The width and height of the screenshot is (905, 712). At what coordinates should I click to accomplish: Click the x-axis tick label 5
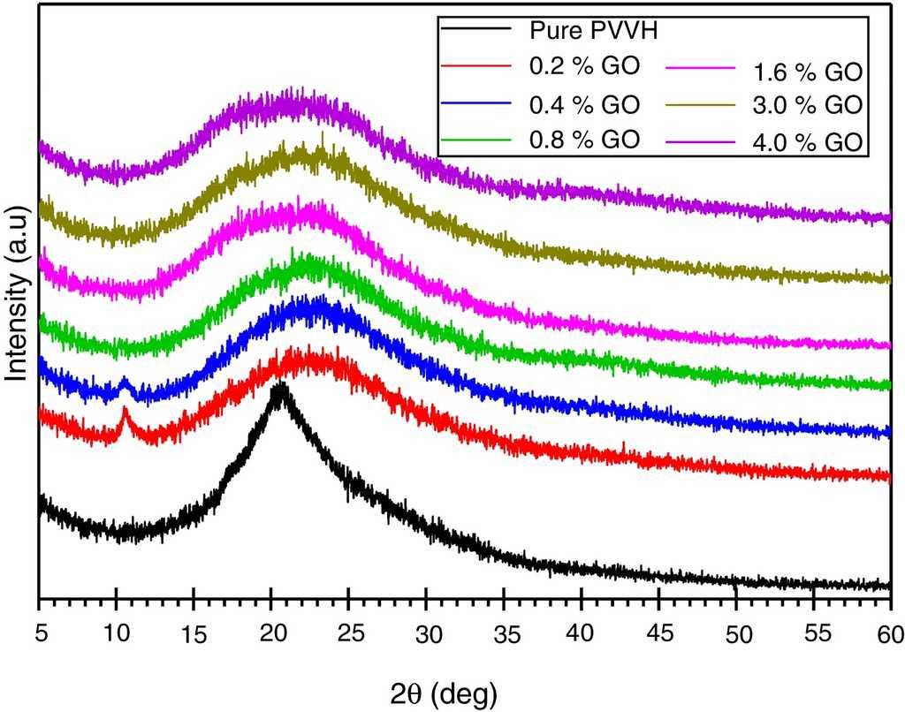[x=40, y=633]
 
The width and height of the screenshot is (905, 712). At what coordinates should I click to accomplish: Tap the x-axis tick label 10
[x=117, y=633]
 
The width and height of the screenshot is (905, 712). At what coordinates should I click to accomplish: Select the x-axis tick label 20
[x=272, y=633]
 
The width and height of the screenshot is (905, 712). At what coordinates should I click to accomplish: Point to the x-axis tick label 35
[x=504, y=633]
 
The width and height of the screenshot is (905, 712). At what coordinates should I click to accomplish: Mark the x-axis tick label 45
[x=658, y=633]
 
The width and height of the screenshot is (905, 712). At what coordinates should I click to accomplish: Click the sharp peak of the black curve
[x=281, y=387]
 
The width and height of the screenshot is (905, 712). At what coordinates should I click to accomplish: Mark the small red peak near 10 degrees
[x=124, y=410]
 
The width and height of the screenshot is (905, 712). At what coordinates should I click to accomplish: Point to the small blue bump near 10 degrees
[x=124, y=381]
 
